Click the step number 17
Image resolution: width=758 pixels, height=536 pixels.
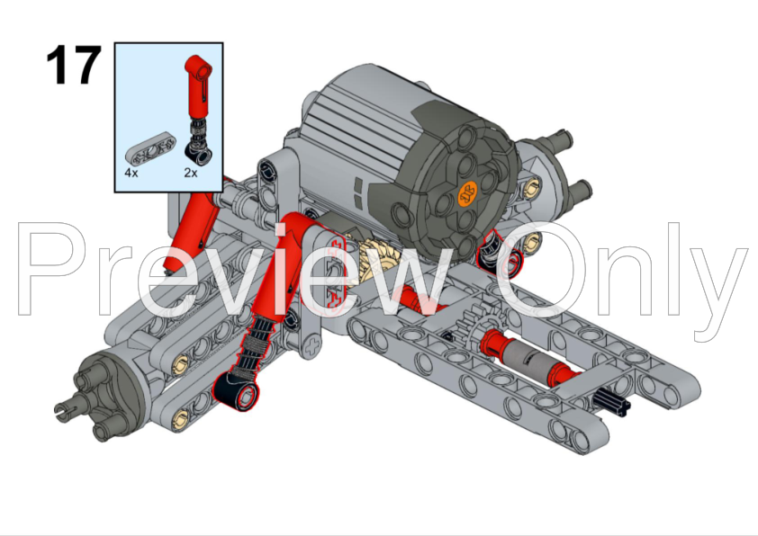74,65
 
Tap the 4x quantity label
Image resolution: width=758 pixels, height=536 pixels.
131,173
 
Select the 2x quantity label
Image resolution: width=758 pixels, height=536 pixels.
191,173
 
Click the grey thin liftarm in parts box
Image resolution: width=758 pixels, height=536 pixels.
150,149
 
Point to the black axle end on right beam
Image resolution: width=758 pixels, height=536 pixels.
611,402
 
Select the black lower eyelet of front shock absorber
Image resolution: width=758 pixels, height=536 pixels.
236,390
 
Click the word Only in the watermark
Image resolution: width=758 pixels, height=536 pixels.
621,275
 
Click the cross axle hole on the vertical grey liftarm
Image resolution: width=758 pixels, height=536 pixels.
312,345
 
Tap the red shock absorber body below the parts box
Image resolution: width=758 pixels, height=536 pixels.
191,231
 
